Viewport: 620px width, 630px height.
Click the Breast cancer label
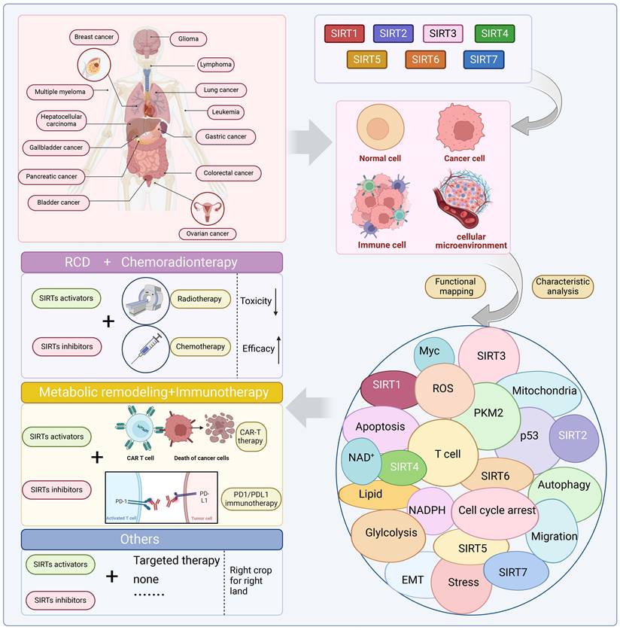coord(93,36)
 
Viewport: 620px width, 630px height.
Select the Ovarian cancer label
coord(208,233)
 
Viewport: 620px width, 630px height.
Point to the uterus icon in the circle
coord(208,208)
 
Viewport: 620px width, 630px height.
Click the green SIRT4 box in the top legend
coord(494,33)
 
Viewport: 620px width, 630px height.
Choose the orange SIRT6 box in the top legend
coord(426,59)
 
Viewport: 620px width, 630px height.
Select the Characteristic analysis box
coord(562,286)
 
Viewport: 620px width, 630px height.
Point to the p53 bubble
coord(530,436)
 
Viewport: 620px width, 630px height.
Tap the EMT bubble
coord(413,580)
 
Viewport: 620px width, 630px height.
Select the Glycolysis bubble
coord(391,532)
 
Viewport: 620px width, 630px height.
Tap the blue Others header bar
coord(151,539)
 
